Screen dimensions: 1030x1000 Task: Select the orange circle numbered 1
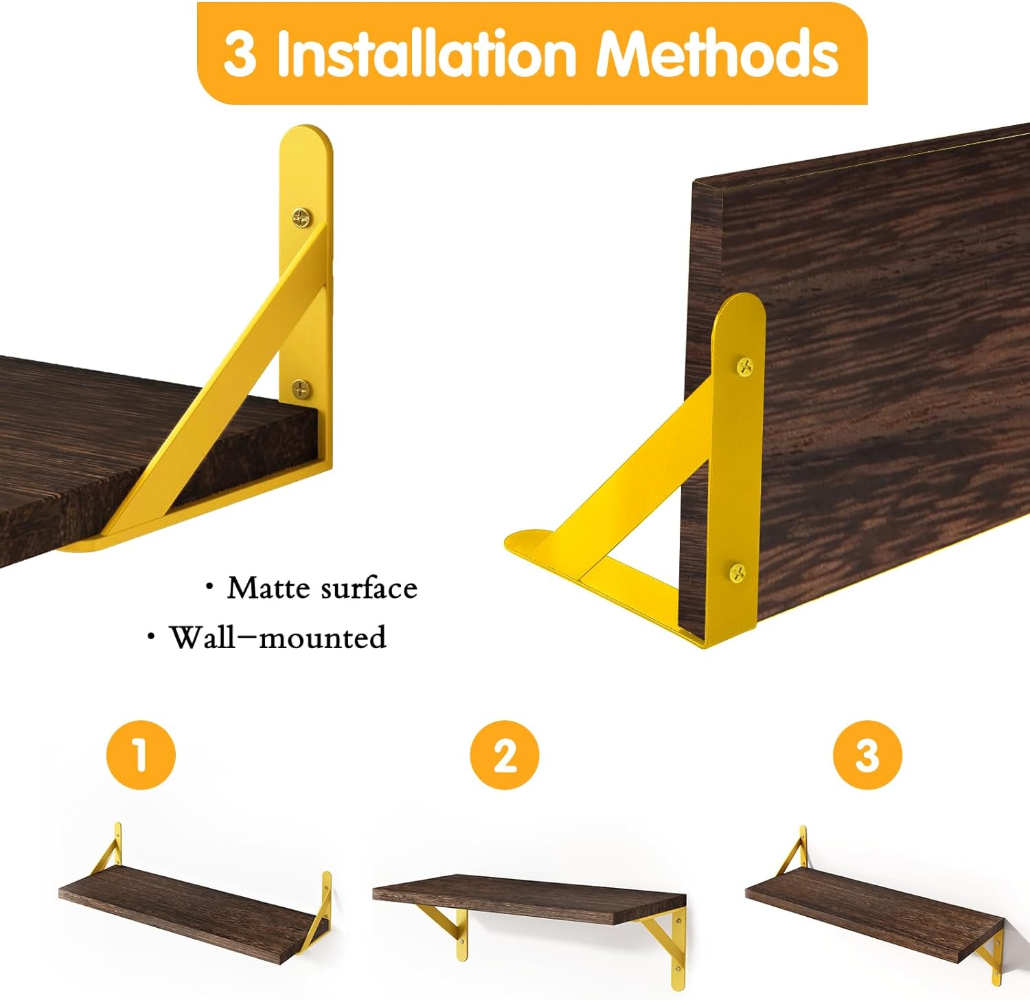click(141, 754)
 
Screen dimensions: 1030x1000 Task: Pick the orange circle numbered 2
click(504, 755)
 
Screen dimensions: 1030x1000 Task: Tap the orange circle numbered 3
click(867, 755)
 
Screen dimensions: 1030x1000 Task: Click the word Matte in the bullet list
click(268, 588)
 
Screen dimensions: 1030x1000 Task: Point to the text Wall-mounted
click(278, 637)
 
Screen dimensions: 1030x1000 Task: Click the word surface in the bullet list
click(369, 588)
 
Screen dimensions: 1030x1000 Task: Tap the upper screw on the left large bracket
click(301, 218)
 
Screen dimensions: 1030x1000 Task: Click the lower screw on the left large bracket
click(301, 389)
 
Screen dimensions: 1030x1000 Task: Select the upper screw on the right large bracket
click(745, 367)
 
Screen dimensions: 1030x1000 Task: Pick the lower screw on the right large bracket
click(737, 572)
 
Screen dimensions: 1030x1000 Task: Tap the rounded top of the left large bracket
click(306, 137)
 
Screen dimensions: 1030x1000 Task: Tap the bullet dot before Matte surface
click(209, 586)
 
